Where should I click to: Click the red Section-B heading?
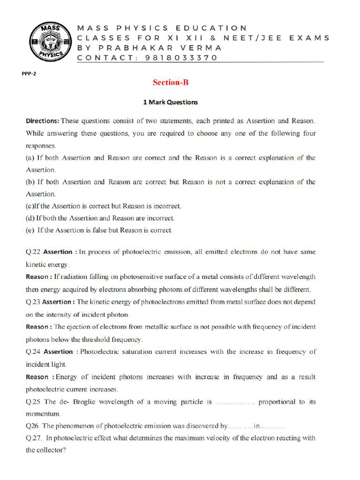click(170, 82)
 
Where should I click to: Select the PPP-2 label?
click(29, 74)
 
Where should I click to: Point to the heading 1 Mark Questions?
click(170, 102)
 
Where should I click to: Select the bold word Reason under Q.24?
click(37, 377)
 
